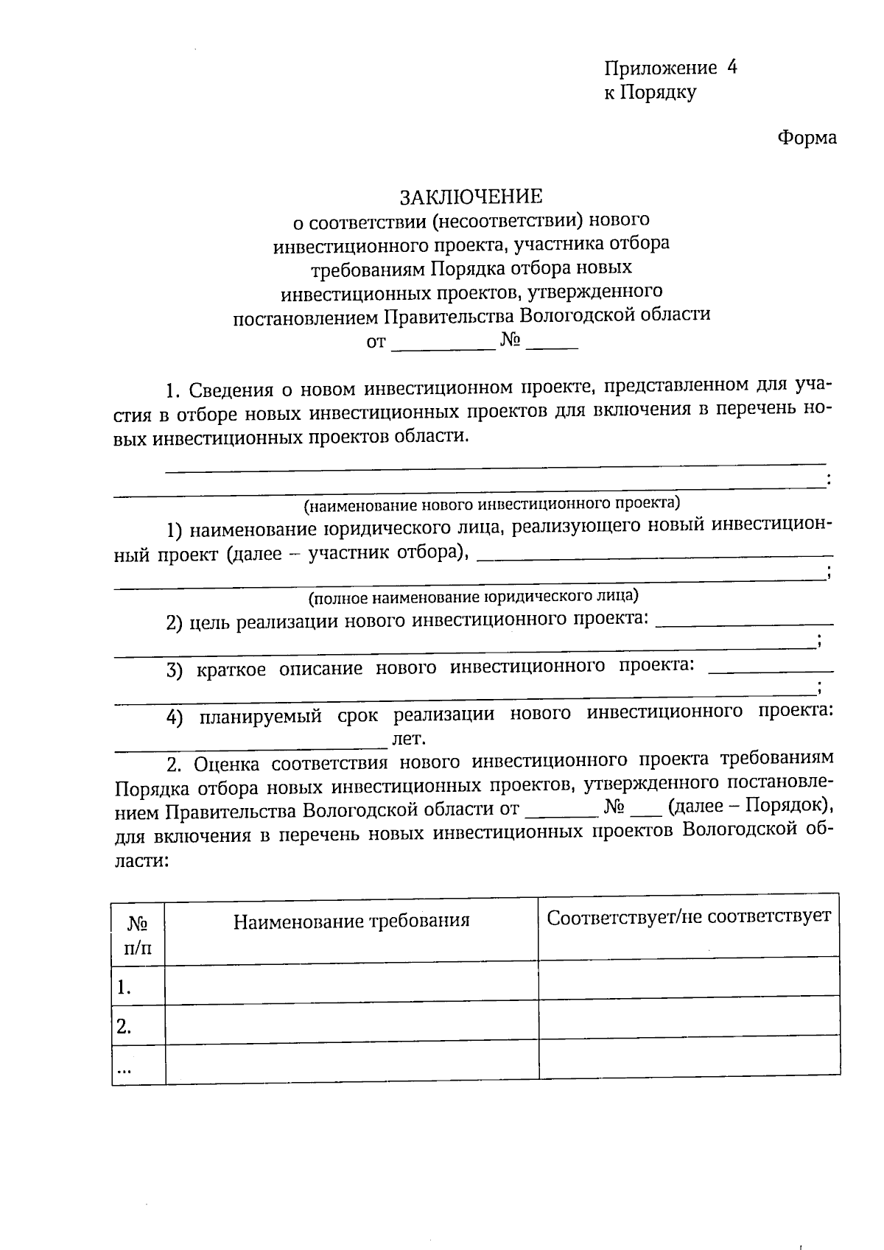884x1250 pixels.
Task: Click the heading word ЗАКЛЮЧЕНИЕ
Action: [471, 197]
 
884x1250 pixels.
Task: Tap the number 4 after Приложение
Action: [731, 68]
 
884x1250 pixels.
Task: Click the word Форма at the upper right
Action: [807, 138]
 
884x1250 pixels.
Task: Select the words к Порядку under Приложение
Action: [650, 93]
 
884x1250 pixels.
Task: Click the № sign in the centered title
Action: [511, 340]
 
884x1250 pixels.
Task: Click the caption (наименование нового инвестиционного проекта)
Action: [491, 504]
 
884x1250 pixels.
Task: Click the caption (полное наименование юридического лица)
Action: [473, 595]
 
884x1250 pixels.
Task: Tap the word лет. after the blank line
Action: [410, 737]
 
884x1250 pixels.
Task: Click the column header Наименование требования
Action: [351, 921]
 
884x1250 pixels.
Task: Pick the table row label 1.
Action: [124, 988]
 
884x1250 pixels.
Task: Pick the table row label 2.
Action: [124, 1026]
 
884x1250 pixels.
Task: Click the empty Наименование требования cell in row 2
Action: [351, 1025]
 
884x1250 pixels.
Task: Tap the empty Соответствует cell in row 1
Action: [689, 977]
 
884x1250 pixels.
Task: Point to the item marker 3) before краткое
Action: [175, 670]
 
